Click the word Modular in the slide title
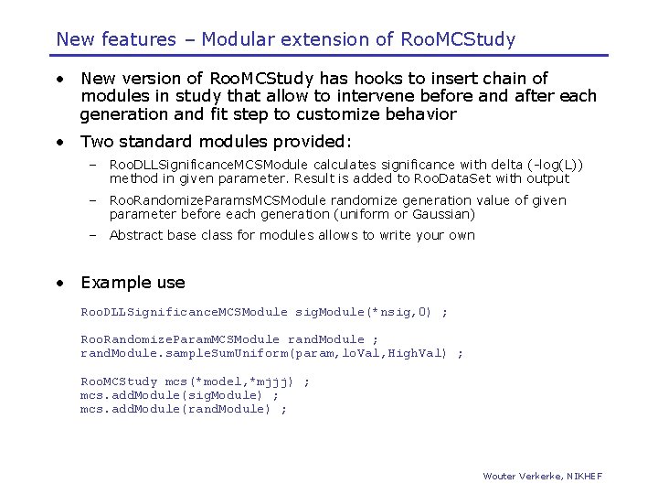coord(233,39)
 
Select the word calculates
coord(343,165)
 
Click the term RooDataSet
coord(454,178)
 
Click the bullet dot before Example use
coord(58,283)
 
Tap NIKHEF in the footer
coord(585,476)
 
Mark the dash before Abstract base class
coord(93,235)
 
